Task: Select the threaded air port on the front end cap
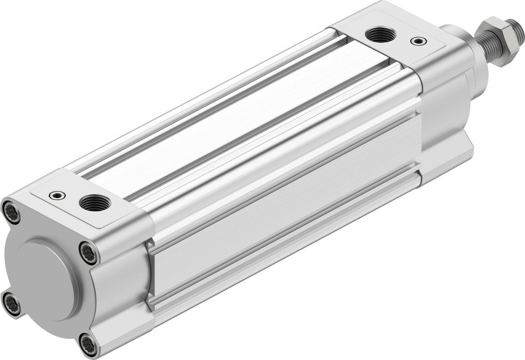click(376, 35)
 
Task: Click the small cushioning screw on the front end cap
click(418, 40)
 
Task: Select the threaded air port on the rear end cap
click(92, 202)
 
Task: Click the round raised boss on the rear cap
click(45, 278)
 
